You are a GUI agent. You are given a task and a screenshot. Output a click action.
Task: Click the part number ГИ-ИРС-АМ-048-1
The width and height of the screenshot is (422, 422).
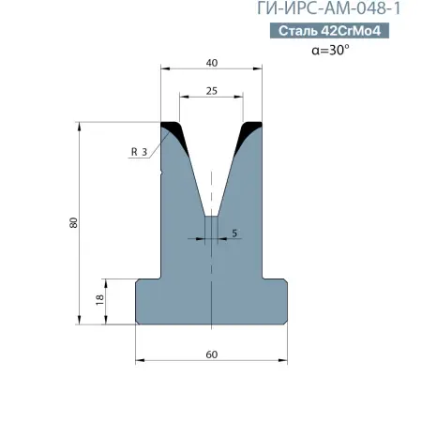pyautogui.click(x=329, y=8)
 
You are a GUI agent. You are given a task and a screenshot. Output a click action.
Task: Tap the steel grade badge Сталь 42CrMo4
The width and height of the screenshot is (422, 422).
pyautogui.click(x=329, y=31)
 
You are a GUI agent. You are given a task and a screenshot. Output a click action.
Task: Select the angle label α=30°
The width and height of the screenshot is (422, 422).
pyautogui.click(x=330, y=50)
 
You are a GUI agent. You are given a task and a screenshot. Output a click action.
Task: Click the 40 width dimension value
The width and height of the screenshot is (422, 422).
pyautogui.click(x=212, y=63)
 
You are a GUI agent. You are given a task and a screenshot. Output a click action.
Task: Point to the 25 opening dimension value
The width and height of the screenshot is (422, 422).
pyautogui.click(x=212, y=91)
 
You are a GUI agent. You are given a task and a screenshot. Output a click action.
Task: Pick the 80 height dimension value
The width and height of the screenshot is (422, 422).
pyautogui.click(x=73, y=222)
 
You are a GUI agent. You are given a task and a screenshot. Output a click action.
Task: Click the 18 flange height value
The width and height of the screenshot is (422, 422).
pyautogui.click(x=99, y=300)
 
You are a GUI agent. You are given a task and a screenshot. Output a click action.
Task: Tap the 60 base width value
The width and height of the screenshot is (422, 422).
pyautogui.click(x=212, y=354)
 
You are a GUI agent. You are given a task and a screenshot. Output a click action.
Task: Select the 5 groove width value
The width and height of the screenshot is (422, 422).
pyautogui.click(x=234, y=234)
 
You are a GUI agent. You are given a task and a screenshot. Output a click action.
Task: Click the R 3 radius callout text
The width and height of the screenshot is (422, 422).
pyautogui.click(x=139, y=152)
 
